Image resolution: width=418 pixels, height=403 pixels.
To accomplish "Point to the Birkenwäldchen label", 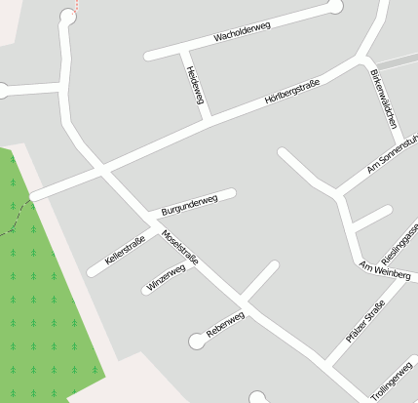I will pos(384,99).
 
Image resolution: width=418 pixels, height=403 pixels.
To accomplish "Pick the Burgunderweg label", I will pos(189,205).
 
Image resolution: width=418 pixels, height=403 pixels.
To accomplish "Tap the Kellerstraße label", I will pos(125,250).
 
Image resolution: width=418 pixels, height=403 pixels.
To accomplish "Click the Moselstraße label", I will pos(180,249).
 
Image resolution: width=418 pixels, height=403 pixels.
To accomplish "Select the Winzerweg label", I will pos(166,279).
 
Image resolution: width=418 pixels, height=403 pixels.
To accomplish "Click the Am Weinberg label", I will pos(385,271).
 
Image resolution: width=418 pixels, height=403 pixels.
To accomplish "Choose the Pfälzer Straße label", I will pos(366,322).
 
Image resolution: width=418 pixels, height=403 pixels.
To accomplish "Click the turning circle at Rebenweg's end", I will pos(198,341).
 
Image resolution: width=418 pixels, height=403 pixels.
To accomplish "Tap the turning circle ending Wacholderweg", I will pos(336,7).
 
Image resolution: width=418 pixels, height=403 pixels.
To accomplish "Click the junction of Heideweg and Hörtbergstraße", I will pos(209,117).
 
